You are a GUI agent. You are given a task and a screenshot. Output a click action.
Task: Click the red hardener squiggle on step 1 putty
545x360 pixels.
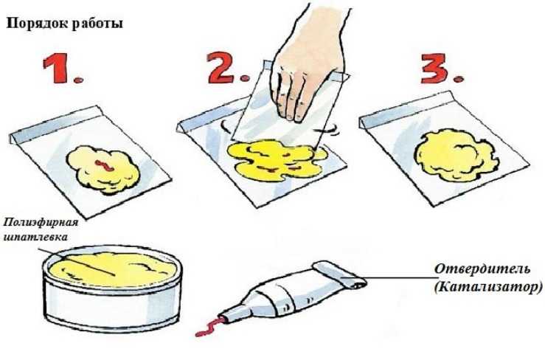[x=104, y=165]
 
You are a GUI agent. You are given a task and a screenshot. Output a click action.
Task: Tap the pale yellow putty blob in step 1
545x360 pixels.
[x=103, y=170]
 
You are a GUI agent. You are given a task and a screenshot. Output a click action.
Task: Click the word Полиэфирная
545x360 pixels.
[x=41, y=223]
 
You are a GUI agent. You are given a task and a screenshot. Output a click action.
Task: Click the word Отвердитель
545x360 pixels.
[x=482, y=269]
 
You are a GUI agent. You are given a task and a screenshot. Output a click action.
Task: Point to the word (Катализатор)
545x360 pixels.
[x=488, y=287]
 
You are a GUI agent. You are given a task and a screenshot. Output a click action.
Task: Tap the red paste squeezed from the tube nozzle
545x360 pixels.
[x=209, y=326]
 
